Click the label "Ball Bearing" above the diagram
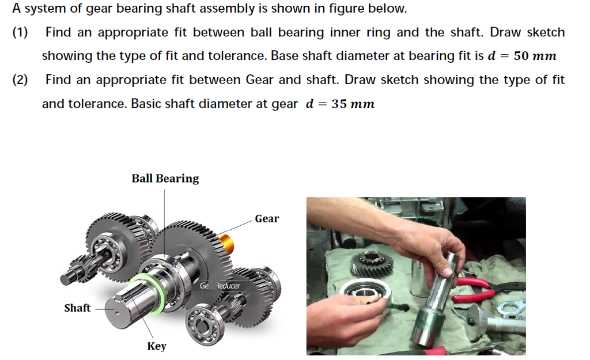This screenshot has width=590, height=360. [x=165, y=179]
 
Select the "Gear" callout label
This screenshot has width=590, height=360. [x=267, y=219]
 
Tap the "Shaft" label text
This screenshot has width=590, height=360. [x=77, y=308]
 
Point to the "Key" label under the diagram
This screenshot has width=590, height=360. [x=156, y=346]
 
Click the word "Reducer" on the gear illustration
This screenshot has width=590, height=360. [x=228, y=286]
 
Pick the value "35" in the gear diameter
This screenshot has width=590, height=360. [x=336, y=104]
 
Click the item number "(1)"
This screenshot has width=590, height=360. [x=21, y=33]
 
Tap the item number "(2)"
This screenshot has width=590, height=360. [x=21, y=80]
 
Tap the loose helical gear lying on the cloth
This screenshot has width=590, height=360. [x=371, y=264]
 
